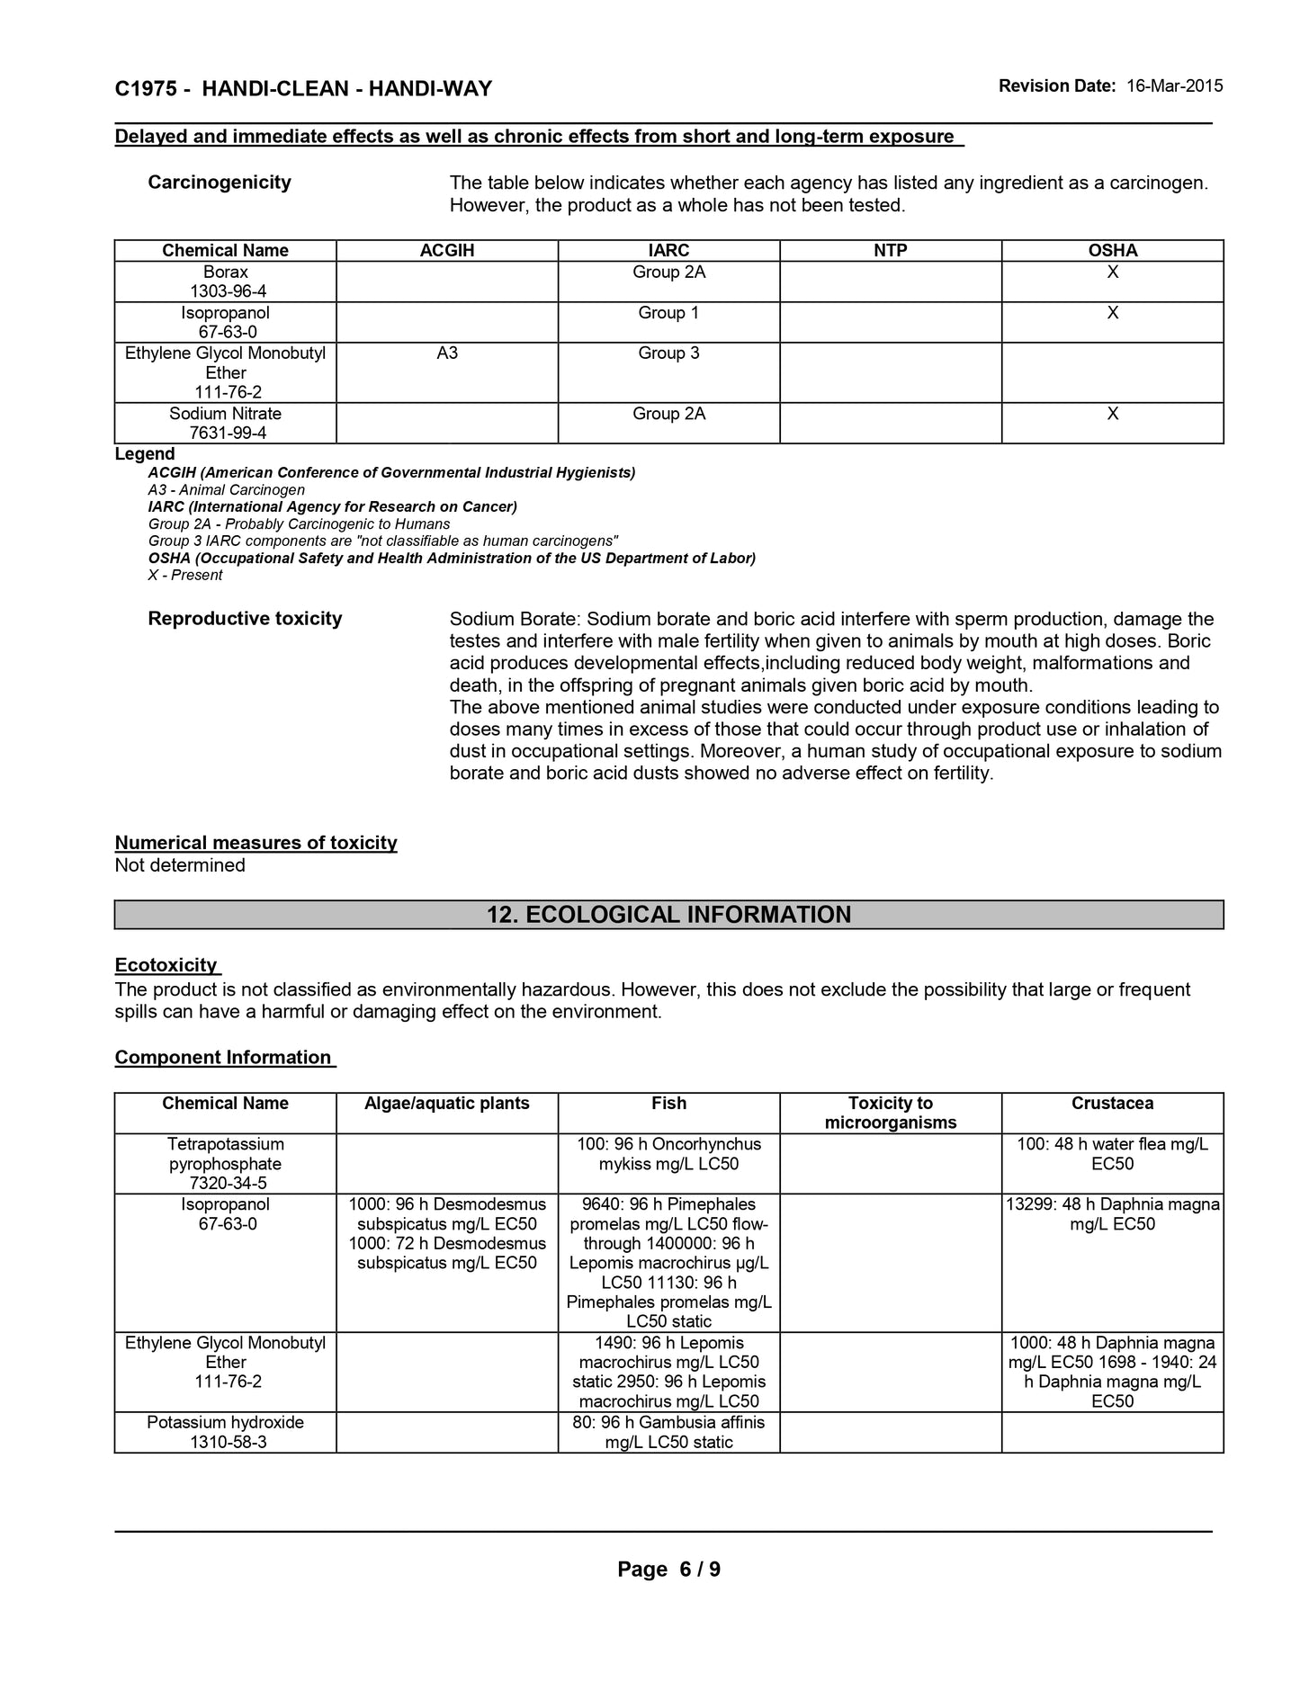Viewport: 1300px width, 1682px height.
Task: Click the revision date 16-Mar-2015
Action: [1174, 86]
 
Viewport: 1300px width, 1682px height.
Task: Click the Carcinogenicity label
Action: [220, 183]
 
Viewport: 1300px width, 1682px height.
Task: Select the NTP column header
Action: [891, 251]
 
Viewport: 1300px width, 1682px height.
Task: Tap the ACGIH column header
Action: [447, 251]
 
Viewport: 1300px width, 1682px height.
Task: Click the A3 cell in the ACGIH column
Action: [447, 353]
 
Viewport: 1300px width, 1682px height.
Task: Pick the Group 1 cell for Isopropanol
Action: [668, 313]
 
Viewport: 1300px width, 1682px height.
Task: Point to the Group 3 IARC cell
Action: [668, 353]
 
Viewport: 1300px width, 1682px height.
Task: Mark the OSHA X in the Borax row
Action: [1113, 273]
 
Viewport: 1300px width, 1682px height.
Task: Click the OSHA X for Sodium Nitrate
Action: [1113, 414]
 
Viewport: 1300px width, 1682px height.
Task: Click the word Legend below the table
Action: [145, 454]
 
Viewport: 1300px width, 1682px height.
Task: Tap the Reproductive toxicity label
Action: [245, 619]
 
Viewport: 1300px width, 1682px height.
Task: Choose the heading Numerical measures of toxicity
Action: [256, 843]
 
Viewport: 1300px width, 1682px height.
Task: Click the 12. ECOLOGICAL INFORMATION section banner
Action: [668, 915]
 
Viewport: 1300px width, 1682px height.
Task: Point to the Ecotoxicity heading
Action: [166, 965]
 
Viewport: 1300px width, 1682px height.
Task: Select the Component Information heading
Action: [223, 1058]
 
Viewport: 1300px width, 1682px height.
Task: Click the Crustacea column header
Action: [1112, 1104]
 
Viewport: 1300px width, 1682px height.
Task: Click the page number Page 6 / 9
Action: [668, 1570]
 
